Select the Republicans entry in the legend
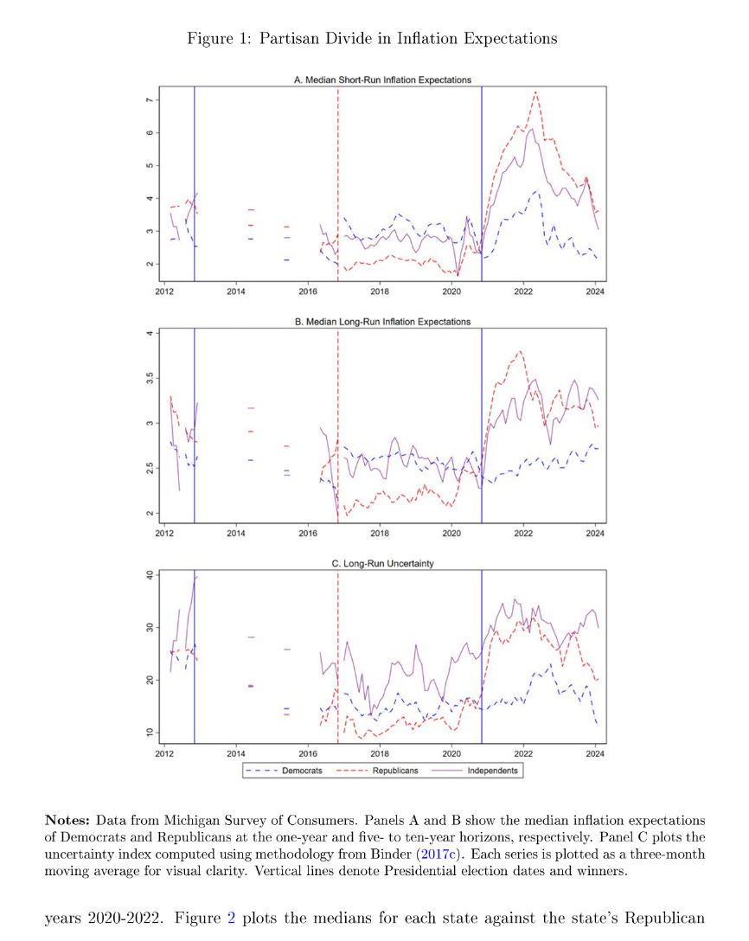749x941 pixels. pyautogui.click(x=395, y=770)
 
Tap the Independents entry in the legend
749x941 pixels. pyautogui.click(x=492, y=770)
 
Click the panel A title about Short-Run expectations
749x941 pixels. pyautogui.click(x=383, y=80)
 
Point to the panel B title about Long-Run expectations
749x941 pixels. pyautogui.click(x=383, y=322)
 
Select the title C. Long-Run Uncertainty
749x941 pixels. pyautogui.click(x=383, y=563)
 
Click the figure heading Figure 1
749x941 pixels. pyautogui.click(x=372, y=39)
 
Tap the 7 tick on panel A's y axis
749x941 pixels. pyautogui.click(x=149, y=101)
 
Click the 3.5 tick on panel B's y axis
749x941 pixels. pyautogui.click(x=149, y=378)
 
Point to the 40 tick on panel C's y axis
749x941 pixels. pyautogui.click(x=149, y=575)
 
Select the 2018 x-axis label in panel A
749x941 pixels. pyautogui.click(x=379, y=292)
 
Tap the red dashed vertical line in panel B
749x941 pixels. pyautogui.click(x=337, y=432)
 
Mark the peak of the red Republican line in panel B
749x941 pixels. pyautogui.click(x=520, y=351)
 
